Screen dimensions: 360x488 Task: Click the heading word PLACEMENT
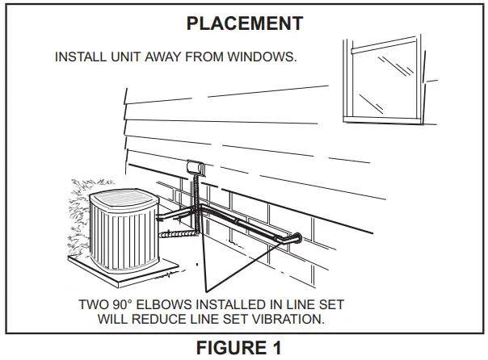tap(244, 23)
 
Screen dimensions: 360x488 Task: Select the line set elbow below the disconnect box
tap(197, 212)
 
